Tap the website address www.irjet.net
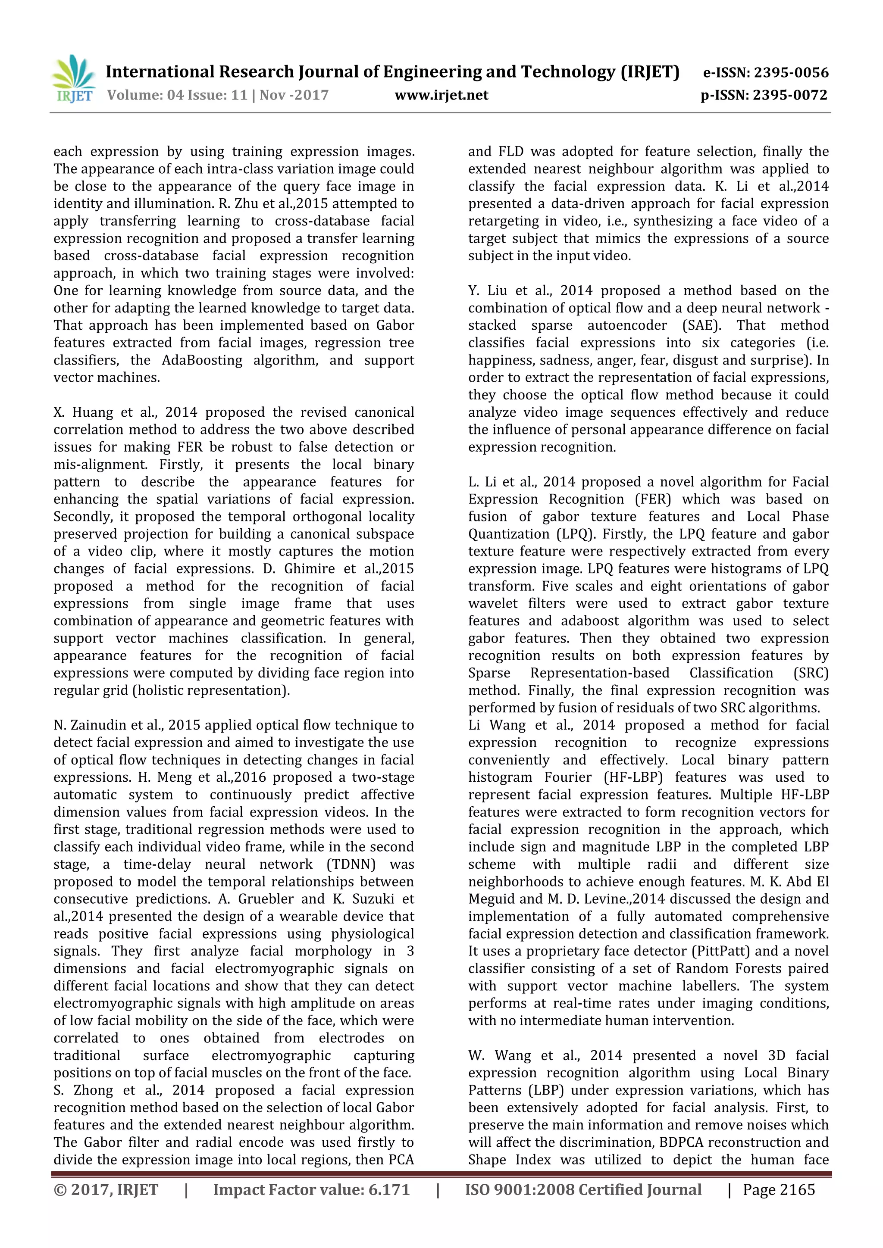441,95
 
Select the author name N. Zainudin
90,725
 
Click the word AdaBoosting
202,360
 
